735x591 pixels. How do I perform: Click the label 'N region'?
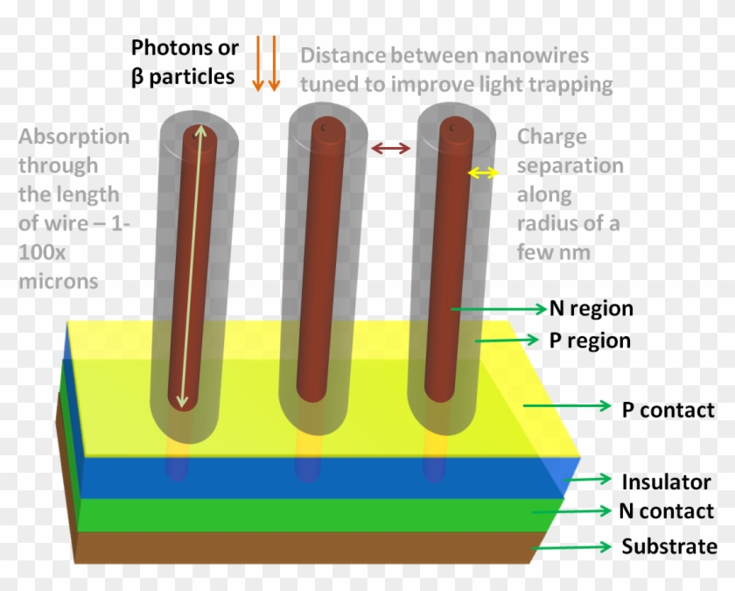tap(591, 308)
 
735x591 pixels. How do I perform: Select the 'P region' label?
tap(590, 340)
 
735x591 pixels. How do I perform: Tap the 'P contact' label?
tap(668, 409)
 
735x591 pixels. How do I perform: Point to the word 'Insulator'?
tap(666, 482)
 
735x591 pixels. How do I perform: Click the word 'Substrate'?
tap(669, 547)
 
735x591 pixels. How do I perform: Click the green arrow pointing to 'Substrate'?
tap(573, 547)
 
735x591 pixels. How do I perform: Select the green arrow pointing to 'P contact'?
tap(566, 405)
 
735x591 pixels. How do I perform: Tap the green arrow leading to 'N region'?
tap(499, 308)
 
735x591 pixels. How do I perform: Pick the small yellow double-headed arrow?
tap(483, 173)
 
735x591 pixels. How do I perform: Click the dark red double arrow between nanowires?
tap(390, 149)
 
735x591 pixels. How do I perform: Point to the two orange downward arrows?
tap(265, 63)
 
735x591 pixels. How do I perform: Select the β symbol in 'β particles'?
tap(137, 76)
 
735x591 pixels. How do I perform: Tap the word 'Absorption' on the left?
tap(74, 137)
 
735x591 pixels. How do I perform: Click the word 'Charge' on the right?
tap(552, 137)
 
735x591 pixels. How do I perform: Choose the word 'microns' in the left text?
tap(58, 281)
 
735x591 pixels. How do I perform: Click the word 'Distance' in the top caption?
tap(343, 56)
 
